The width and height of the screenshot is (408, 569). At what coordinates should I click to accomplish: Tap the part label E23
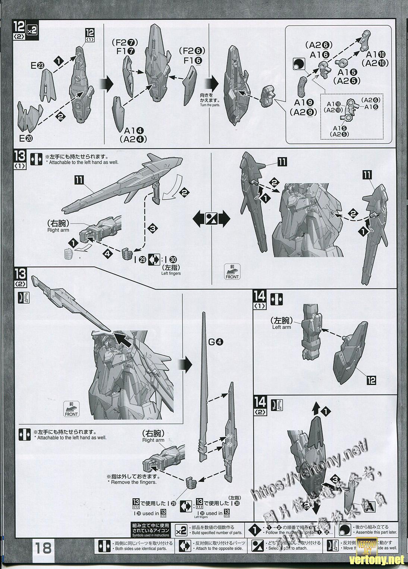point(38,66)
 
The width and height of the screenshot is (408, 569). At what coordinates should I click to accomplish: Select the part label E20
point(26,138)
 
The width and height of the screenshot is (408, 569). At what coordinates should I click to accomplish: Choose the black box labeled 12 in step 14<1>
point(371,380)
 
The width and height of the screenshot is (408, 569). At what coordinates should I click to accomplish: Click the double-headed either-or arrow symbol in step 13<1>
point(211,220)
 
